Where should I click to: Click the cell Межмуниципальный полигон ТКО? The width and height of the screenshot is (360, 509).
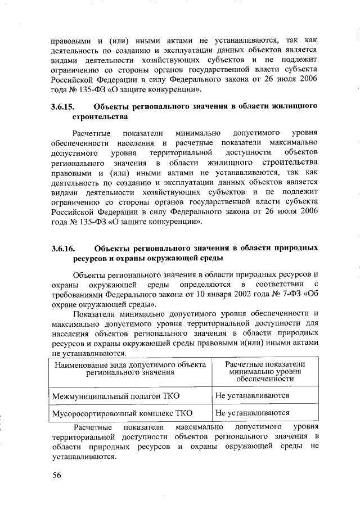pyautogui.click(x=115, y=396)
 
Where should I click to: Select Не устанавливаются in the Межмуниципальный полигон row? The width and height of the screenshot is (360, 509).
pyautogui.click(x=252, y=396)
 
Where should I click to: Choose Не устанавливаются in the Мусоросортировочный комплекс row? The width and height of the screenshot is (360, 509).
pyautogui.click(x=252, y=413)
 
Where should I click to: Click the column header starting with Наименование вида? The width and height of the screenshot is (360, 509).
pyautogui.click(x=129, y=368)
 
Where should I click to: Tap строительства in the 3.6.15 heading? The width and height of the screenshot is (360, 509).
pyautogui.click(x=100, y=116)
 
